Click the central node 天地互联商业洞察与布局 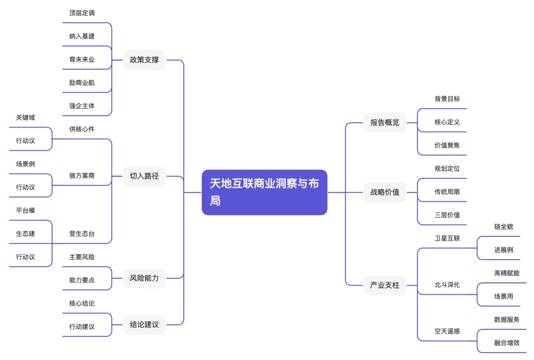click(265, 192)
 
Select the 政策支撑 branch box click(144, 60)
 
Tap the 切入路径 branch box click(144, 176)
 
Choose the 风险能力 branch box click(144, 278)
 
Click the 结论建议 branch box click(144, 325)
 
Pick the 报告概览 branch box click(385, 122)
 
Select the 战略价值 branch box click(385, 192)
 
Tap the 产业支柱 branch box click(385, 285)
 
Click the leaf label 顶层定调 click(82, 13)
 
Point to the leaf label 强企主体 click(82, 106)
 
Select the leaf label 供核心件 click(82, 129)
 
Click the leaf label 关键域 click(26, 118)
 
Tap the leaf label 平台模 click(26, 211)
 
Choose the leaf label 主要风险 click(82, 257)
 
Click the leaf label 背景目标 click(447, 99)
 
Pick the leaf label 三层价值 click(447, 215)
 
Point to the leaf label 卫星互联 click(447, 238)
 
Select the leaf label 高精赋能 click(507, 273)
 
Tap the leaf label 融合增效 click(507, 343)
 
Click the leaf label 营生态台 click(82, 234)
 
